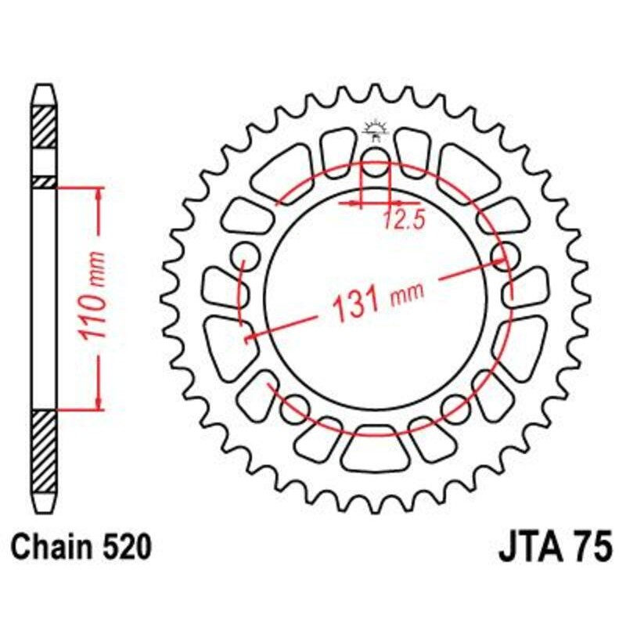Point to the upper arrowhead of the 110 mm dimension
pyautogui.click(x=98, y=192)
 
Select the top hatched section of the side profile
pyautogui.click(x=44, y=125)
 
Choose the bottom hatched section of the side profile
pyautogui.click(x=44, y=450)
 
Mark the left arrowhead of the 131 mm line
pyautogui.click(x=253, y=337)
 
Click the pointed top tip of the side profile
pyautogui.click(x=44, y=88)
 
